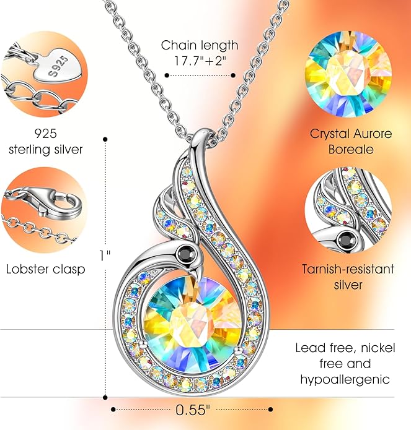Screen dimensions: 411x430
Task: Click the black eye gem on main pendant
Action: [x=187, y=252]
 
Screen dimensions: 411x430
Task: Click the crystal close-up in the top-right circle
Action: [x=348, y=74]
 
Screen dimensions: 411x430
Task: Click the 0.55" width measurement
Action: [x=192, y=410]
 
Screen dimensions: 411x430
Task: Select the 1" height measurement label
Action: [x=105, y=256]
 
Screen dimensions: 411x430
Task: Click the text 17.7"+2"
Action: [x=200, y=61]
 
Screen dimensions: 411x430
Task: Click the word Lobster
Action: [x=27, y=269]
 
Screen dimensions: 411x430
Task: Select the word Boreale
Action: [x=351, y=150]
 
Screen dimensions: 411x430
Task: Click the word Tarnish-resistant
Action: [x=348, y=269]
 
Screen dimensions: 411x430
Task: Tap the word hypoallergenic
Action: [x=345, y=380]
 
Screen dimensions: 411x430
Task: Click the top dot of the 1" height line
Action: [x=105, y=140]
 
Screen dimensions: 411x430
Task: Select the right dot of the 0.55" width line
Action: [x=271, y=410]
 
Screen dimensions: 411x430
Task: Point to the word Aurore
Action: [x=373, y=134]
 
